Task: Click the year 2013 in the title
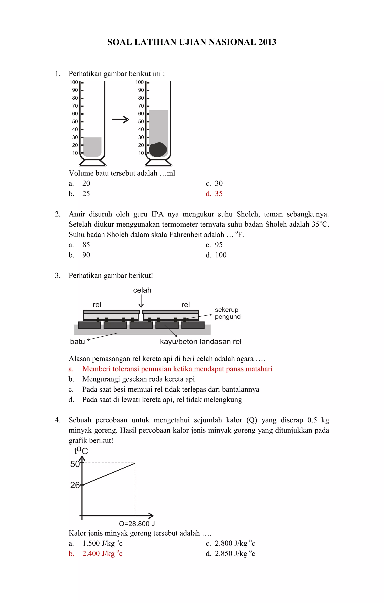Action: click(x=267, y=42)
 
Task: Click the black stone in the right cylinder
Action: click(x=158, y=149)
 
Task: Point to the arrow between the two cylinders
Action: click(x=120, y=120)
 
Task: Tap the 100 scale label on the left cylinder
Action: click(x=74, y=82)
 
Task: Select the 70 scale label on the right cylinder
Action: click(x=141, y=106)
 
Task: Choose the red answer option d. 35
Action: click(x=214, y=194)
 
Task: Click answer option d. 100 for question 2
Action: click(x=216, y=255)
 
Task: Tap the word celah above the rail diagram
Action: click(x=142, y=290)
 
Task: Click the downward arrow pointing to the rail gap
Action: click(x=141, y=301)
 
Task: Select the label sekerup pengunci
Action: click(x=228, y=313)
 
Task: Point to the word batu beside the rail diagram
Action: click(x=77, y=341)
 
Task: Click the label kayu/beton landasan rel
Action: click(x=200, y=341)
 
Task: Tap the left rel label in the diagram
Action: click(x=97, y=305)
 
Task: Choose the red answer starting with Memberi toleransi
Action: click(x=177, y=369)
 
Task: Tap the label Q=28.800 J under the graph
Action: click(x=137, y=524)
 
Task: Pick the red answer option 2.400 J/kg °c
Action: click(x=102, y=553)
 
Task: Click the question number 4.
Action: click(x=57, y=420)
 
